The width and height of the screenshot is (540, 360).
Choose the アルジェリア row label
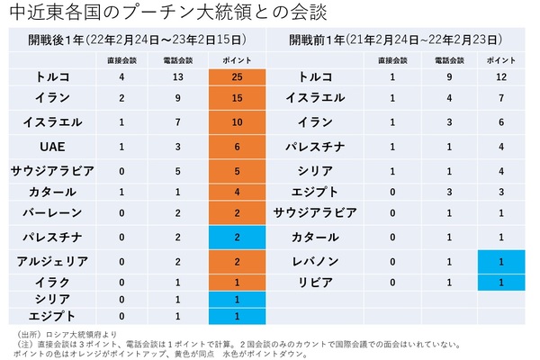tap(52, 260)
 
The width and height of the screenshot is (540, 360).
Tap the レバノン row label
tap(322, 260)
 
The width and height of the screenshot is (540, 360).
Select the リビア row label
tap(322, 282)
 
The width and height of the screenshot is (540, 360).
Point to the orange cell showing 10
tap(237, 121)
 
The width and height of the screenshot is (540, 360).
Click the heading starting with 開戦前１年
tap(396, 40)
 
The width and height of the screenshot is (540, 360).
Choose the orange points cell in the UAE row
tap(237, 145)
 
